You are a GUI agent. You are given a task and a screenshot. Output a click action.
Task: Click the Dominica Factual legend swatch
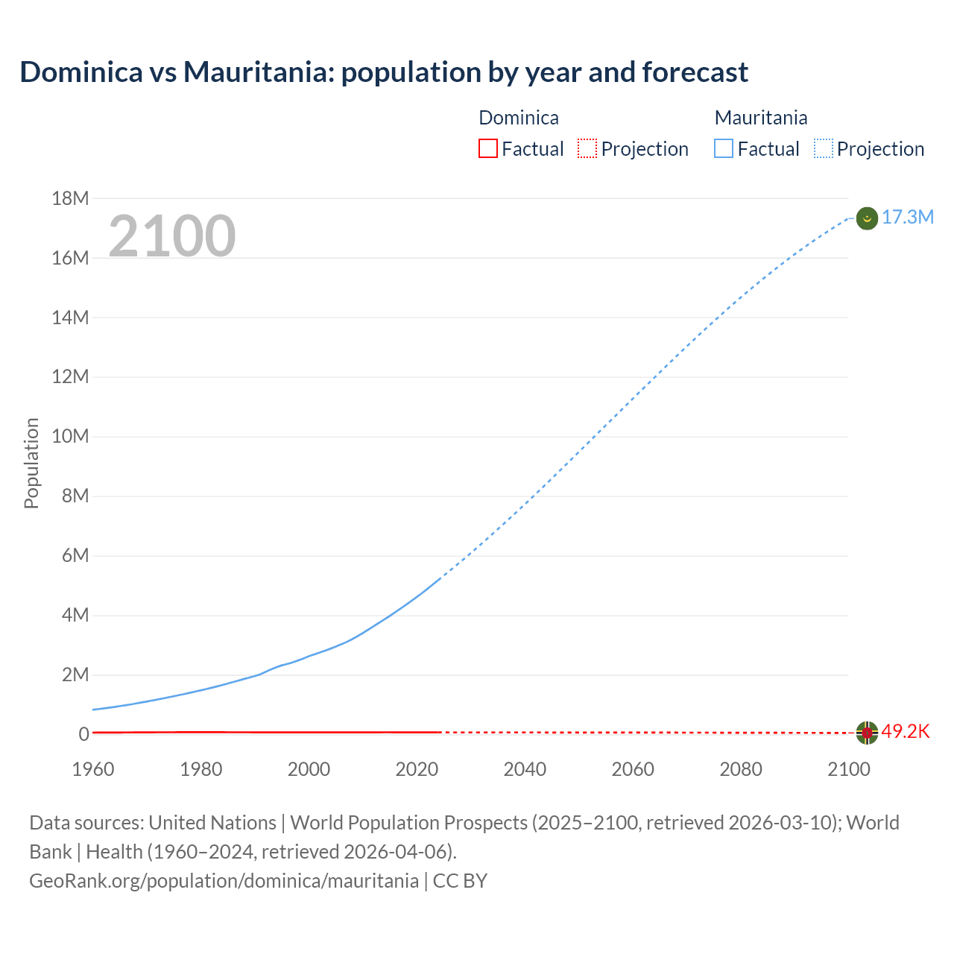487,148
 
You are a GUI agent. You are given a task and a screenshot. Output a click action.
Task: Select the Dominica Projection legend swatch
587,148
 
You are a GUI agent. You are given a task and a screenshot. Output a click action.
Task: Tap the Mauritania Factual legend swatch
724,148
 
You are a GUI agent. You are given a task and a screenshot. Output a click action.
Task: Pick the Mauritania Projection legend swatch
824,148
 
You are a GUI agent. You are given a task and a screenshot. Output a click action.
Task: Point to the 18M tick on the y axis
70,198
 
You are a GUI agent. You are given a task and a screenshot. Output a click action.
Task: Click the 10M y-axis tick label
70,436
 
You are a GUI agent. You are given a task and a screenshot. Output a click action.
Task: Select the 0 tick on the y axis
83,734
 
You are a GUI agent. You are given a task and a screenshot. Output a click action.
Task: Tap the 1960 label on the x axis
93,769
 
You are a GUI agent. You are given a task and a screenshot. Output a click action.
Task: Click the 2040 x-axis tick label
525,769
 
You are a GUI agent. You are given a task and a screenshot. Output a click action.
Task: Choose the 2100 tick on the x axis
848,769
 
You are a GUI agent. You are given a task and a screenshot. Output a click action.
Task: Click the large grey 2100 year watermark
172,236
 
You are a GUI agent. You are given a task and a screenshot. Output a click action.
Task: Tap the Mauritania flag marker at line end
867,218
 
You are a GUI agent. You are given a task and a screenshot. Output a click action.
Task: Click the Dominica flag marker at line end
867,733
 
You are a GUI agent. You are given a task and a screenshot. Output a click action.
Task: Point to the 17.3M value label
908,217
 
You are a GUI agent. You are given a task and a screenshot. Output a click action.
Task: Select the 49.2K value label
906,731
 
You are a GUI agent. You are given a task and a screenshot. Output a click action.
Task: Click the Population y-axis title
31,463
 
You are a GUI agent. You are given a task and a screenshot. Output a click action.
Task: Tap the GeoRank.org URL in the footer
224,880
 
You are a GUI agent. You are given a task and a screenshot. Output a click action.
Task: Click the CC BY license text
460,880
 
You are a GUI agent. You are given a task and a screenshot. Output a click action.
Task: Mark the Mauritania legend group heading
761,118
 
